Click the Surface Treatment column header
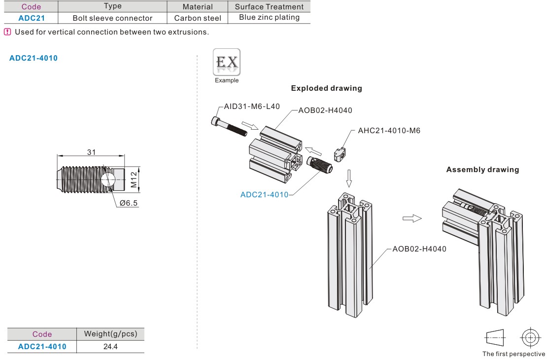pyautogui.click(x=269, y=6)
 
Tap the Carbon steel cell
pyautogui.click(x=198, y=18)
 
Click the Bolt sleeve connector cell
pyautogui.click(x=112, y=18)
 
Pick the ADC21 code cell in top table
pyautogui.click(x=31, y=18)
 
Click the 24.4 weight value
pyautogui.click(x=110, y=346)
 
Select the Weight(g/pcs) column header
pyautogui.click(x=110, y=334)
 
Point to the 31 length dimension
pyautogui.click(x=91, y=152)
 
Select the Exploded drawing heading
pyautogui.click(x=326, y=88)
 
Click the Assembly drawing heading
pyautogui.click(x=482, y=170)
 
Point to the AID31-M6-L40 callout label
pyautogui.click(x=252, y=106)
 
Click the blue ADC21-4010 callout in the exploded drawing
pyautogui.click(x=264, y=194)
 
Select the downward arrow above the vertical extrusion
pyautogui.click(x=349, y=178)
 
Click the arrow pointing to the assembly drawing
pyautogui.click(x=412, y=218)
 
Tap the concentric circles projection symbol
pyautogui.click(x=530, y=338)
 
